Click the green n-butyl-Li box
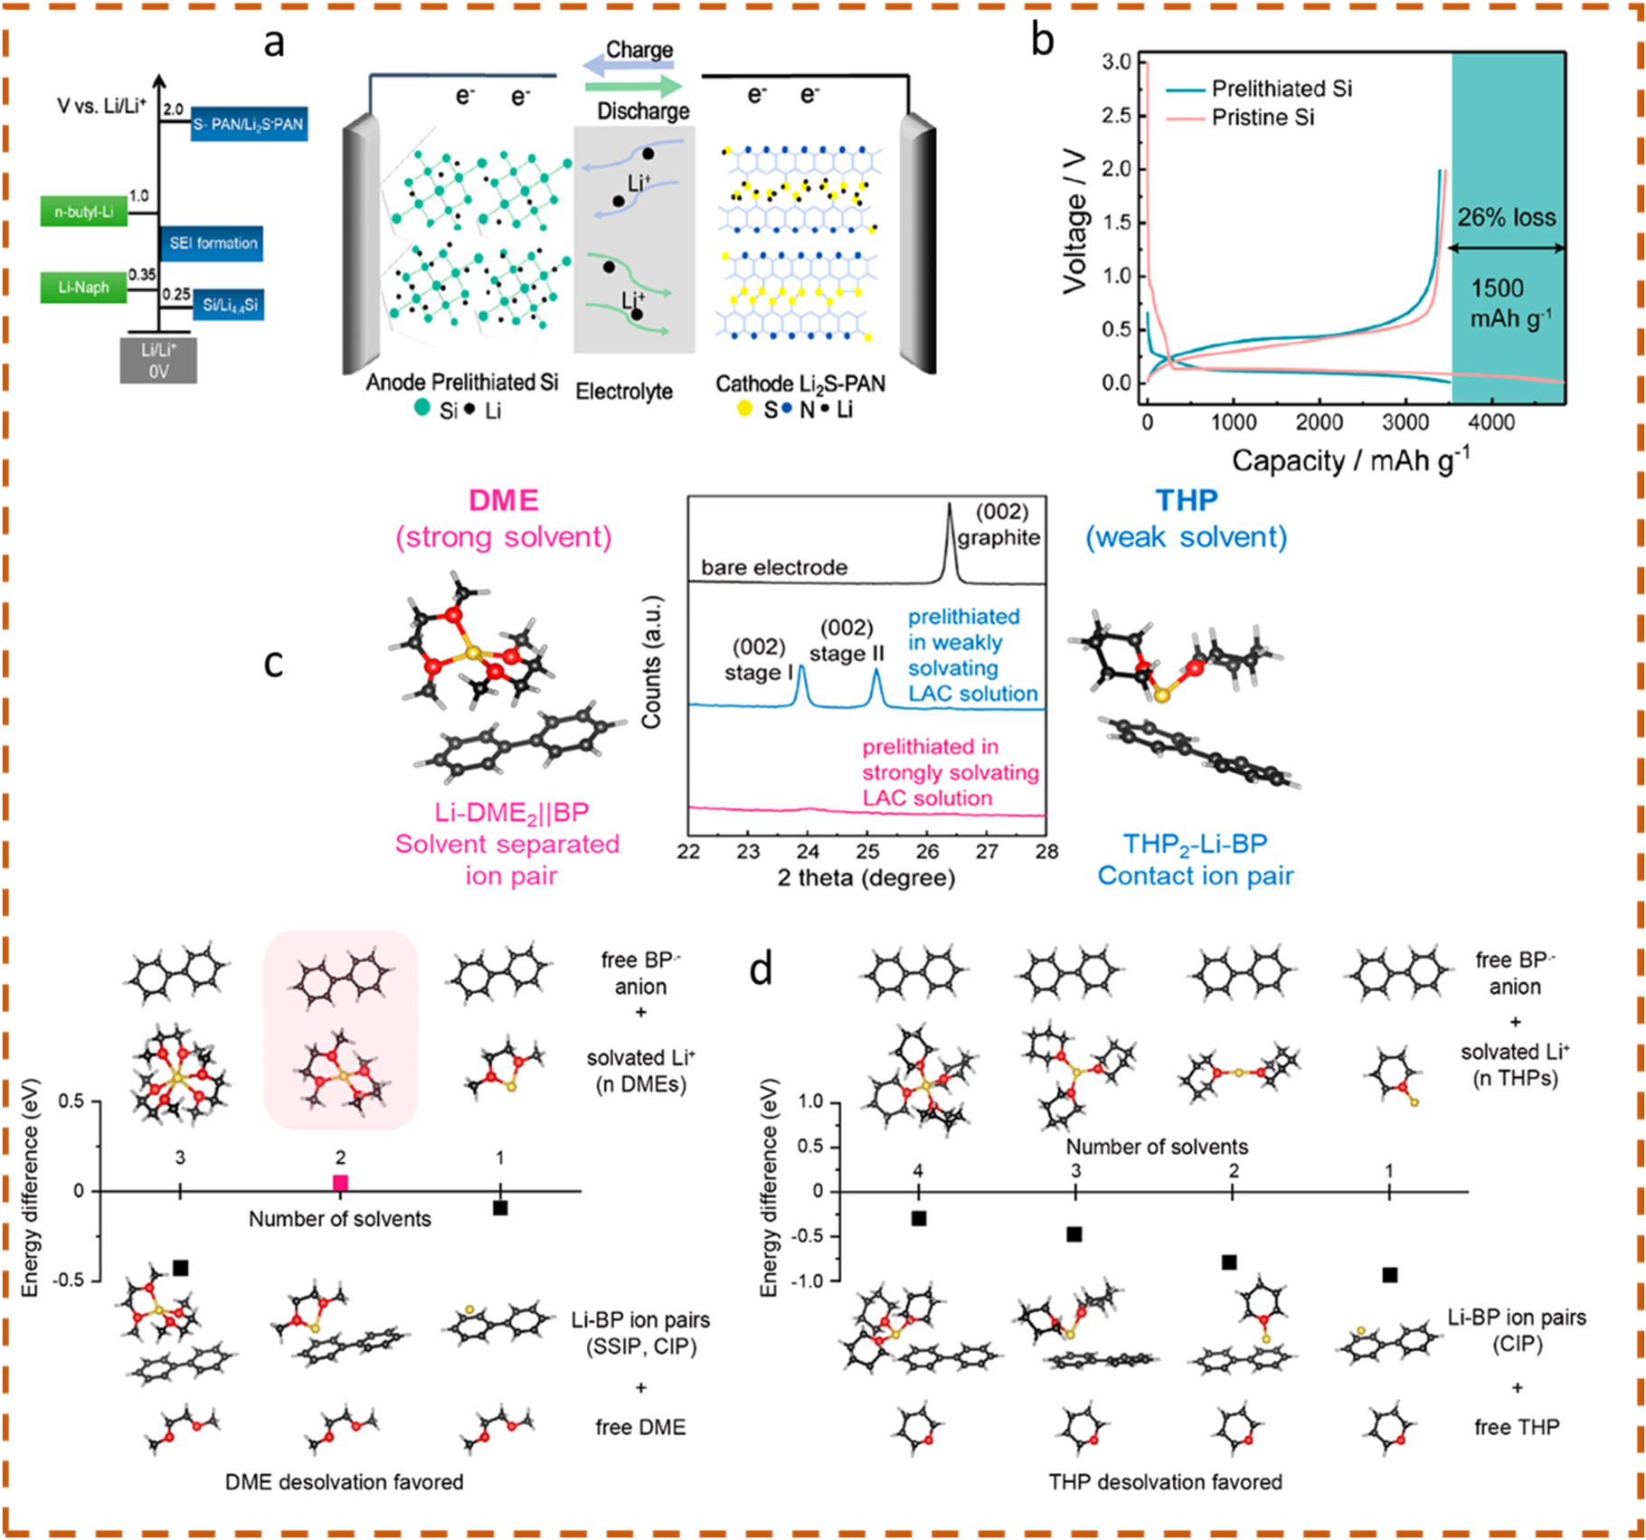pos(84,213)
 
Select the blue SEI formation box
pos(213,243)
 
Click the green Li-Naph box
pos(84,288)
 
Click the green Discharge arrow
pos(633,87)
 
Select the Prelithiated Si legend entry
pos(1281,89)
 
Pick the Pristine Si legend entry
pos(1262,118)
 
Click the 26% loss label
pos(1506,218)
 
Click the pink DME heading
pos(503,500)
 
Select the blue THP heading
pos(1186,500)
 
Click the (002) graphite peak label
pos(999,525)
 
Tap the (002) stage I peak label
pos(757,659)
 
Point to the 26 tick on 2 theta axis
pos(927,851)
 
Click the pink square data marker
pos(340,1183)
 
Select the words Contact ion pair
pos(1195,875)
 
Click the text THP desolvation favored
pos(1165,1482)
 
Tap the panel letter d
pos(762,969)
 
